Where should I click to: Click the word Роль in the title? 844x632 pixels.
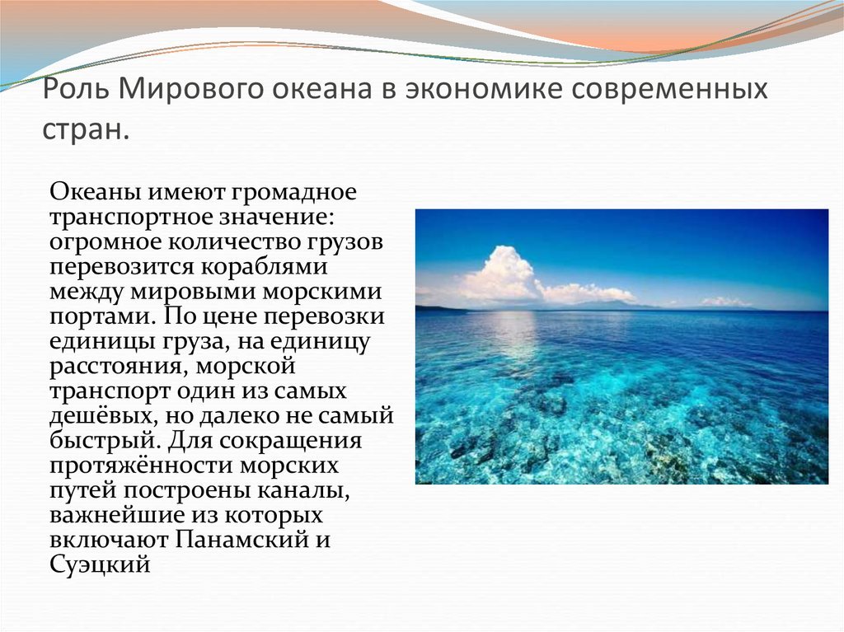click(76, 89)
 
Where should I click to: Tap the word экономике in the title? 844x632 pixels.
click(483, 89)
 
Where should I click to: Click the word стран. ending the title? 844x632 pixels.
click(86, 129)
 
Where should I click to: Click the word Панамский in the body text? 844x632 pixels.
click(241, 540)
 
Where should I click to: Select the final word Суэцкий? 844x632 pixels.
click(100, 565)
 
